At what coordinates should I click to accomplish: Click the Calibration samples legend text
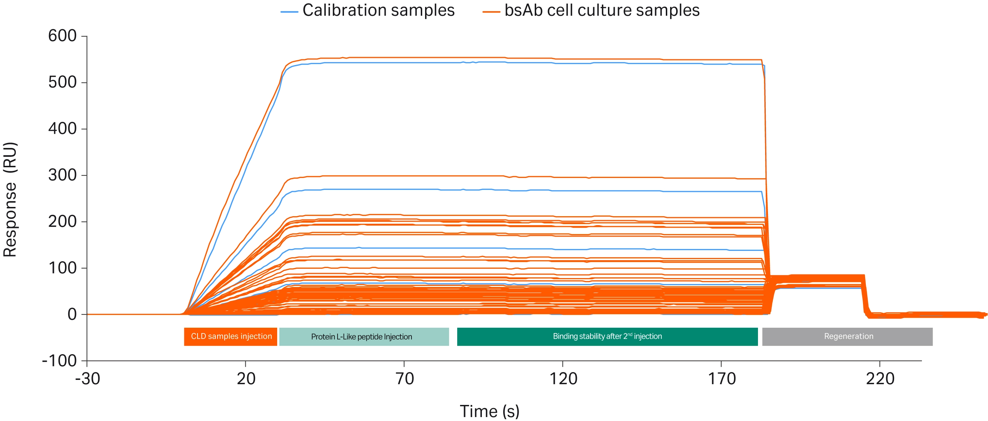[x=378, y=10]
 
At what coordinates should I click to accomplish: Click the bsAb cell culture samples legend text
[x=602, y=10]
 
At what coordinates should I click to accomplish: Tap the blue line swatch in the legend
[x=289, y=12]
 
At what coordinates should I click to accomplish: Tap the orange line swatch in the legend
[x=491, y=12]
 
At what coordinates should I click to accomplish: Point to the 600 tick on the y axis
[x=62, y=36]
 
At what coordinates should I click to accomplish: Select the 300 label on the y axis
[x=62, y=175]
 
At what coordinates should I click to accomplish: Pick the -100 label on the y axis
[x=59, y=361]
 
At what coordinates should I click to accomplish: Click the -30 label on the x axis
[x=88, y=379]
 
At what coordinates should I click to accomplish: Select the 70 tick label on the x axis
[x=404, y=379]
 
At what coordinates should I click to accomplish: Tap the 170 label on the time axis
[x=722, y=379]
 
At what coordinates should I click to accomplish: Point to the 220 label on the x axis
[x=880, y=379]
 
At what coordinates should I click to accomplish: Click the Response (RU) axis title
[x=10, y=199]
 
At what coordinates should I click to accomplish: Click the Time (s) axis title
[x=489, y=411]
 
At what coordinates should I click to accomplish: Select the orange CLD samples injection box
[x=230, y=337]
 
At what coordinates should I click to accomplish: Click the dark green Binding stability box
[x=607, y=337]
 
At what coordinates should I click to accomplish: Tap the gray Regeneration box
[x=847, y=337]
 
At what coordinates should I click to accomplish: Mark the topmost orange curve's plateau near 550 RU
[x=460, y=58]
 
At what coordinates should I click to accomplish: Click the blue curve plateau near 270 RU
[x=384, y=189]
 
